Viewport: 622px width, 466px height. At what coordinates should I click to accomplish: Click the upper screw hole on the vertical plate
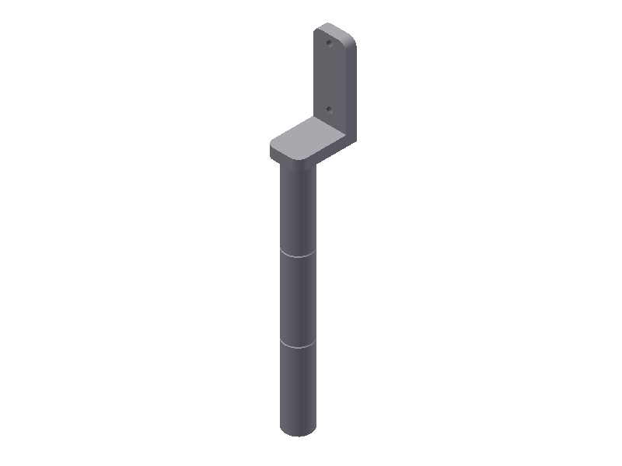(x=329, y=43)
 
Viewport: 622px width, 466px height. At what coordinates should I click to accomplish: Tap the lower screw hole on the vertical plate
(x=329, y=110)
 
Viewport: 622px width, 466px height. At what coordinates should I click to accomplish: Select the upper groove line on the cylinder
(x=299, y=253)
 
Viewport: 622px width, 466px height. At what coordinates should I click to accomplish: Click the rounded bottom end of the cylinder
(x=299, y=431)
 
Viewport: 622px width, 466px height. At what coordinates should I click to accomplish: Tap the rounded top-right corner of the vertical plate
(x=351, y=36)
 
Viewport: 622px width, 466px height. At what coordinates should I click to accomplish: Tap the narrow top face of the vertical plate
(x=333, y=28)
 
